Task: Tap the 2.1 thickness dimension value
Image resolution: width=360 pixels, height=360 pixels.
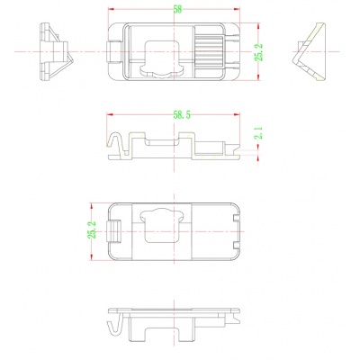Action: coord(258,136)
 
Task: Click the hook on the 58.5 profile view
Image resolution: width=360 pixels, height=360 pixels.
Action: coord(116,144)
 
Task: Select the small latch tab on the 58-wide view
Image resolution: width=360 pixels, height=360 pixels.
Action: coord(113,53)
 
